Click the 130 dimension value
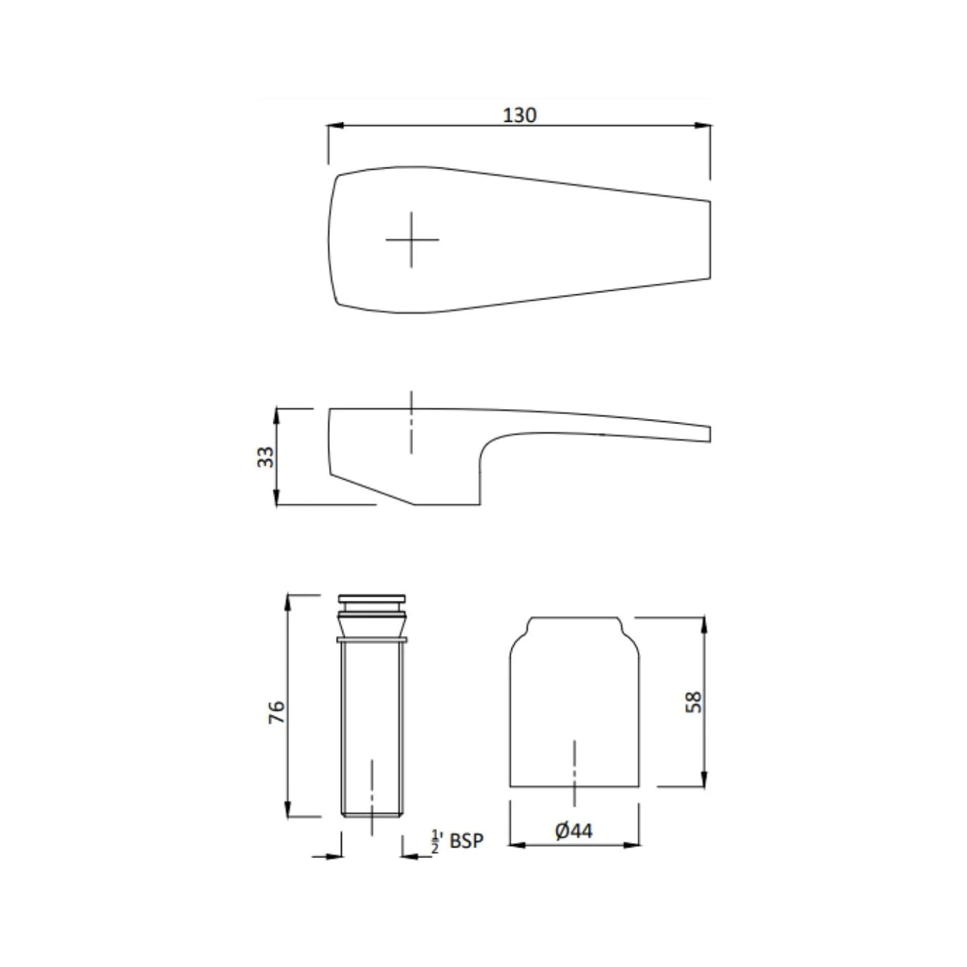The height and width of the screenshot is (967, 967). (519, 115)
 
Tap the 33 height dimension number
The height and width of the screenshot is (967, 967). (266, 456)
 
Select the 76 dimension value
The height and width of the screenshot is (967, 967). (276, 711)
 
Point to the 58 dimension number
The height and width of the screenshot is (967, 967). (693, 701)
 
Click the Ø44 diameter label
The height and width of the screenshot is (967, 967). (574, 830)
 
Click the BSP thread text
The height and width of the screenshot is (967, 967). (466, 840)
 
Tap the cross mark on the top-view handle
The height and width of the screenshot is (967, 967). (412, 239)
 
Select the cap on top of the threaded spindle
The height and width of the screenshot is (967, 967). (372, 599)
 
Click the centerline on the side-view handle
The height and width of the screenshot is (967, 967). (411, 423)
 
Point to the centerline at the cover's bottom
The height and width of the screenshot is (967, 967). (574, 774)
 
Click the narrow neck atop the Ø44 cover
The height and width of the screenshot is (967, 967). (574, 623)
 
